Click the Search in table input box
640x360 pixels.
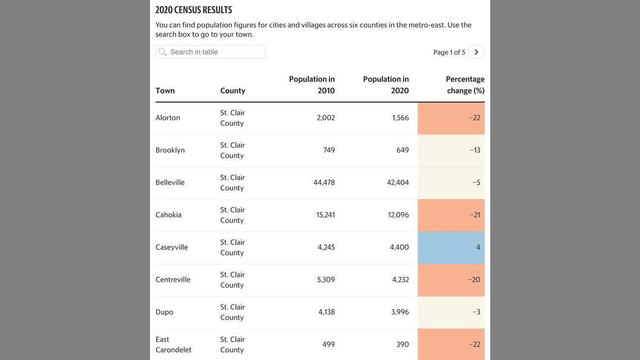pos(216,52)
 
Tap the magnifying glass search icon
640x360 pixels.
pos(162,52)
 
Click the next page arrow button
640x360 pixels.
pos(476,52)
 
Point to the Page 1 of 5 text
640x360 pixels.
pos(449,52)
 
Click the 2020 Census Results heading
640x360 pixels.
pos(194,10)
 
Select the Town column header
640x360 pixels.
pos(165,90)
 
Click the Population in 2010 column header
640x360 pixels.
pos(312,85)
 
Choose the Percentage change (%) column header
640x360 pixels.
pos(465,85)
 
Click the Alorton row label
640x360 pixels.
pos(168,118)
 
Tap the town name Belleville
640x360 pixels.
pos(170,183)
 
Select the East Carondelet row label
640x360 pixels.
pos(173,344)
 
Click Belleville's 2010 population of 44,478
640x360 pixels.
pos(324,183)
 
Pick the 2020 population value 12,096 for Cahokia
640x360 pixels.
pos(398,215)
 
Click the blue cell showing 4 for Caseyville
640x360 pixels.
pos(451,248)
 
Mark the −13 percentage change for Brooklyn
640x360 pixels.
pos(475,151)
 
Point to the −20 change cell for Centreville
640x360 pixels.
pos(474,280)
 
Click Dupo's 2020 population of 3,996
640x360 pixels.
pos(400,312)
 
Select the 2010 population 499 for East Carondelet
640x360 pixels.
pos(328,344)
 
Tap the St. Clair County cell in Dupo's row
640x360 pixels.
pos(232,312)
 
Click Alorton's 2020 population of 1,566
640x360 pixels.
pos(400,118)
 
